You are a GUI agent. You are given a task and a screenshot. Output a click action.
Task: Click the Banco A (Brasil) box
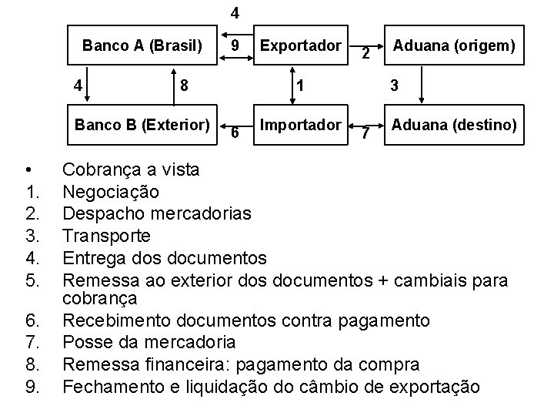tap(142, 46)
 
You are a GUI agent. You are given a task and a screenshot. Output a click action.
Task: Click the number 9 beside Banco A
tap(237, 47)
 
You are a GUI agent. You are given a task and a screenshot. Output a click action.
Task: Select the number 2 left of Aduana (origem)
tap(366, 54)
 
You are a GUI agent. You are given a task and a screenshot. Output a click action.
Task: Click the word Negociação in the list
tap(100, 190)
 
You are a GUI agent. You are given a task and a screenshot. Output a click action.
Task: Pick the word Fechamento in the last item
tap(108, 385)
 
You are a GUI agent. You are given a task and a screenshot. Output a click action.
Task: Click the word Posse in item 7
tap(82, 341)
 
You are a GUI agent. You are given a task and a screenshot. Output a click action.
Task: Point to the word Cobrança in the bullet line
tap(99, 169)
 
